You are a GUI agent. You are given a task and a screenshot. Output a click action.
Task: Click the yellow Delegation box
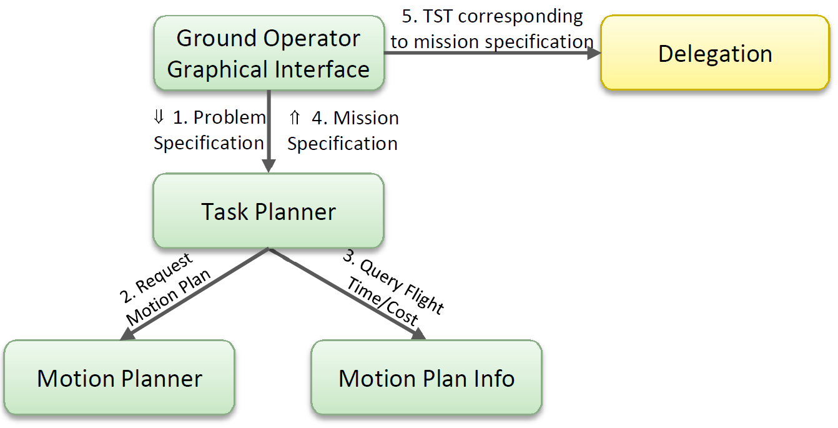[x=715, y=53]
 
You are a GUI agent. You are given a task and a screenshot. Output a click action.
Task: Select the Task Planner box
[x=269, y=211]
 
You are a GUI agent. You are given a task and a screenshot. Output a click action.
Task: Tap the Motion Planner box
[x=119, y=377]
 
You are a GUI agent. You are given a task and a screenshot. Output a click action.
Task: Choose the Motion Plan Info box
[x=426, y=377]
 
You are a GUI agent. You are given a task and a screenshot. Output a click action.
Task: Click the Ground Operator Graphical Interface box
[x=269, y=53]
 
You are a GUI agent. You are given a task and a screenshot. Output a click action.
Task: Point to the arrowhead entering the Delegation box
[x=594, y=53]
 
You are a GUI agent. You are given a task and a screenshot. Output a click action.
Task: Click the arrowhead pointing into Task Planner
[x=269, y=166]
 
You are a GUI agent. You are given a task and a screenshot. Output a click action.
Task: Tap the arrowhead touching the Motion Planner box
[x=127, y=334]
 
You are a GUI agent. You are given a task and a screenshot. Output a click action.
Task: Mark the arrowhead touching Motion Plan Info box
[x=418, y=334]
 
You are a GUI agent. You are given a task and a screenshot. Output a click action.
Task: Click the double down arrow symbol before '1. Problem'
[x=159, y=116]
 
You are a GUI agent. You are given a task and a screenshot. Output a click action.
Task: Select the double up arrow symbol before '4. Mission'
[x=295, y=117]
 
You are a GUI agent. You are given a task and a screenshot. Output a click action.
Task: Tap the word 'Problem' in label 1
[x=230, y=117]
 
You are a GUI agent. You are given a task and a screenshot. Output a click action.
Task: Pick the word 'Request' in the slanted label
[x=164, y=273]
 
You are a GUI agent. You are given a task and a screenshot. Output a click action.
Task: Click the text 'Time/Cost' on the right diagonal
[x=382, y=302]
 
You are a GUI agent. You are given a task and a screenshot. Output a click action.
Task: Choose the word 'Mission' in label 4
[x=366, y=118]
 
